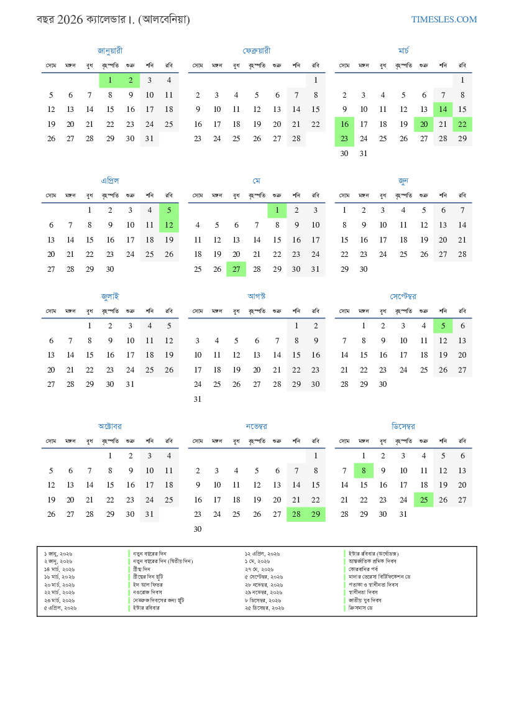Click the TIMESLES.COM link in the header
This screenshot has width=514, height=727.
click(444, 20)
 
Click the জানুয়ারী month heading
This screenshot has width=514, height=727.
click(110, 50)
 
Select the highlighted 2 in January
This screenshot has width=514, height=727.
click(131, 80)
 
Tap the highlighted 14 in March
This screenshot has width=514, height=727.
click(443, 109)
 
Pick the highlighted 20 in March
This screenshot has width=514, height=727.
click(423, 124)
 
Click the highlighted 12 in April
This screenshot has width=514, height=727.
click(168, 225)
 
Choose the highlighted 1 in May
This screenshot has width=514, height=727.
click(277, 210)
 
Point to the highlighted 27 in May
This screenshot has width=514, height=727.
click(236, 269)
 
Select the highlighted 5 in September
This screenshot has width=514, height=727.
click(443, 325)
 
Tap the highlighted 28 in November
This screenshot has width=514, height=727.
click(296, 514)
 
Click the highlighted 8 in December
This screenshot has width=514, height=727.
click(364, 470)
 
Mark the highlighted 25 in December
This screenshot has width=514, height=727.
click(423, 499)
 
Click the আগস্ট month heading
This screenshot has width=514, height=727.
click(257, 296)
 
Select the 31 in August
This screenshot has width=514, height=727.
click(198, 399)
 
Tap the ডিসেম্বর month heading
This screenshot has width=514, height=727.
click(403, 426)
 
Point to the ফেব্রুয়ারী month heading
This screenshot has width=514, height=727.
click(257, 50)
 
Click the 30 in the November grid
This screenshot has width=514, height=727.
click(198, 529)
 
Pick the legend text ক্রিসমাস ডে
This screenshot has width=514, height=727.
click(364, 608)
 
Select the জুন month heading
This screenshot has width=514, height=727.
click(403, 181)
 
